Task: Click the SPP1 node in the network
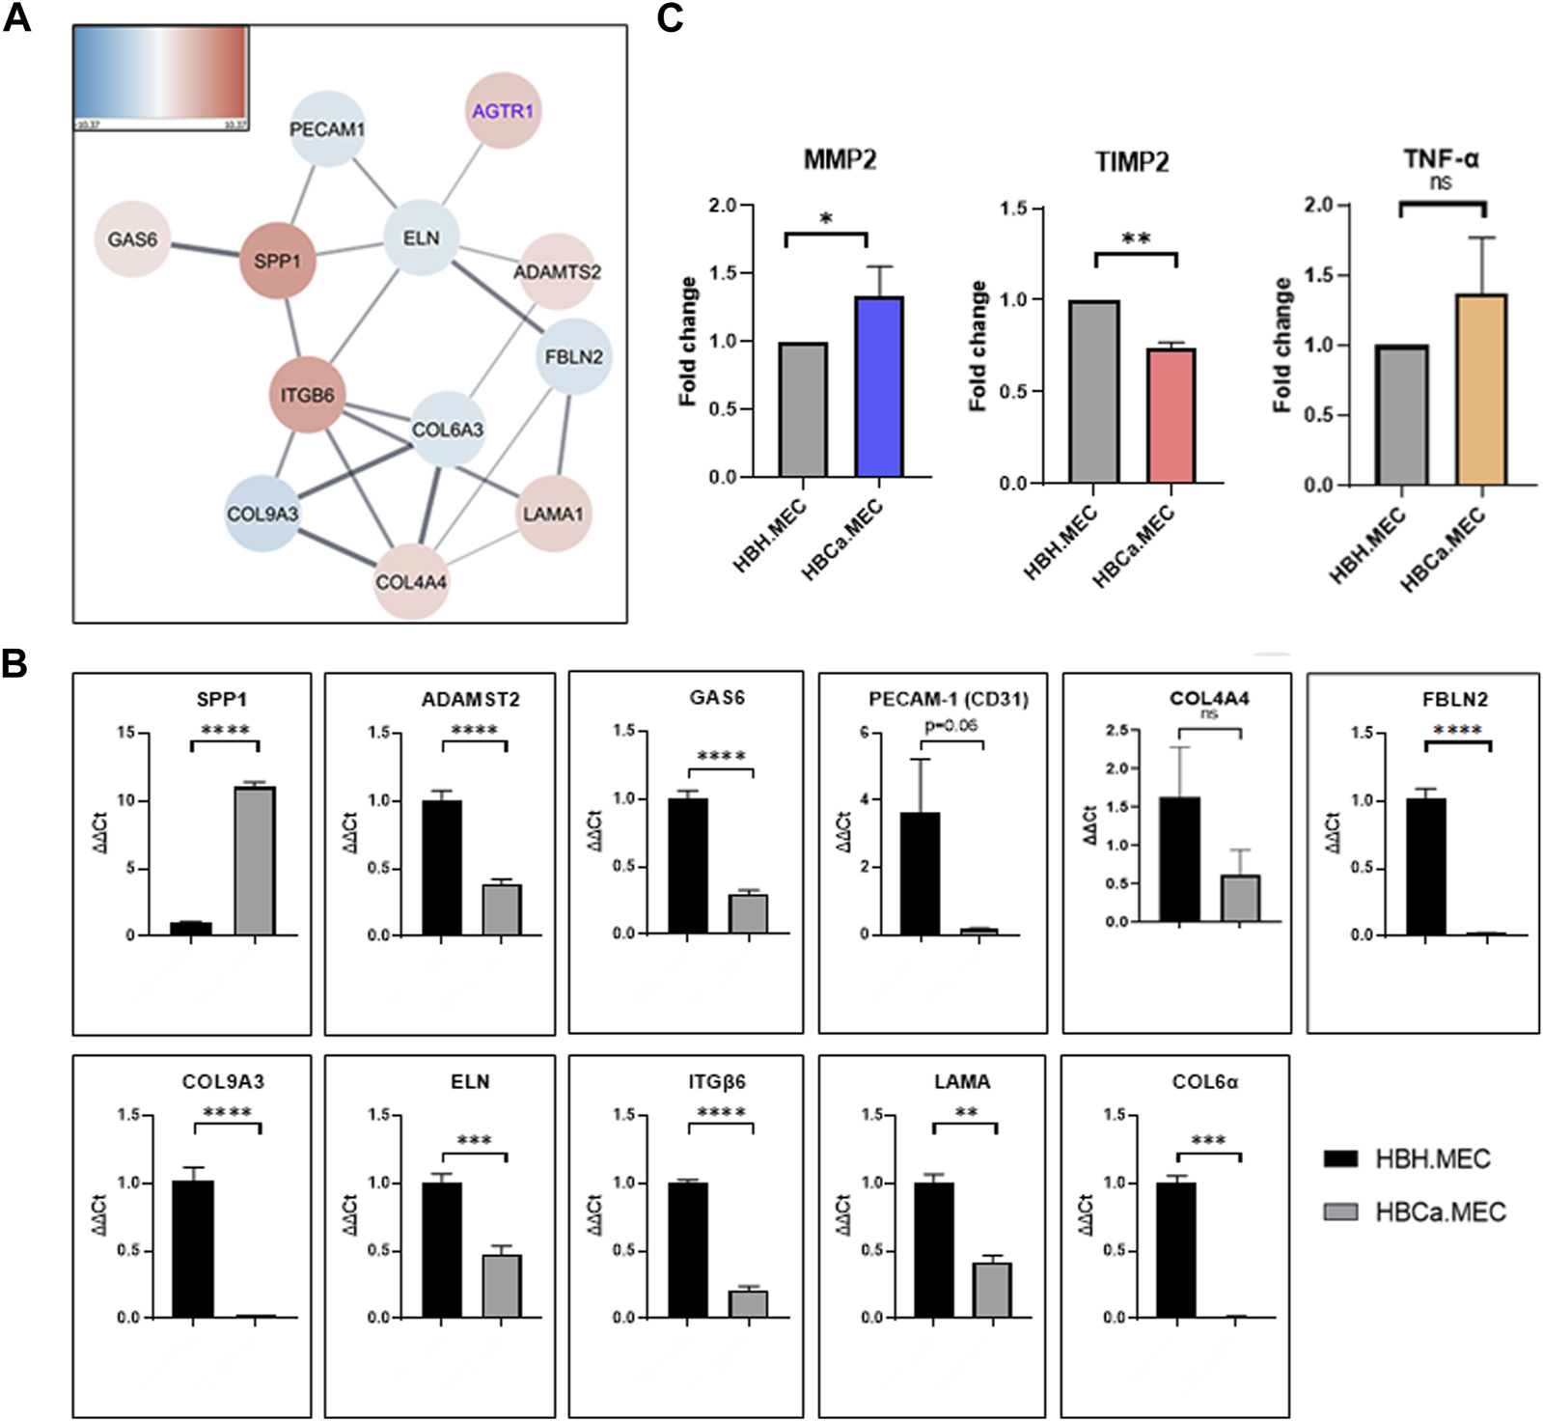coord(277,261)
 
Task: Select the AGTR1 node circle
coord(502,111)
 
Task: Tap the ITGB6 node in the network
coord(307,395)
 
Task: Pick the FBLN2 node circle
coord(573,356)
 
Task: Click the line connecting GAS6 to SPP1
coord(205,250)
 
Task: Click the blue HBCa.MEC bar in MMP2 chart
coord(878,386)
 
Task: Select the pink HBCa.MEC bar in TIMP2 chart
coord(1171,415)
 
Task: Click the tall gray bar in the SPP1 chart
coord(255,860)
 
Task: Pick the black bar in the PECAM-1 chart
coord(920,874)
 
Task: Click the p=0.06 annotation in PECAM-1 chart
coord(951,725)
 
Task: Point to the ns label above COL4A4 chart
coord(1208,714)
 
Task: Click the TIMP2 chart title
coord(1132,161)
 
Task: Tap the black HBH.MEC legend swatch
coord(1340,1158)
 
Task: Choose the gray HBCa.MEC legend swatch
coord(1340,1212)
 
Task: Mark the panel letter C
coord(670,18)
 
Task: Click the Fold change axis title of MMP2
coord(688,341)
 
